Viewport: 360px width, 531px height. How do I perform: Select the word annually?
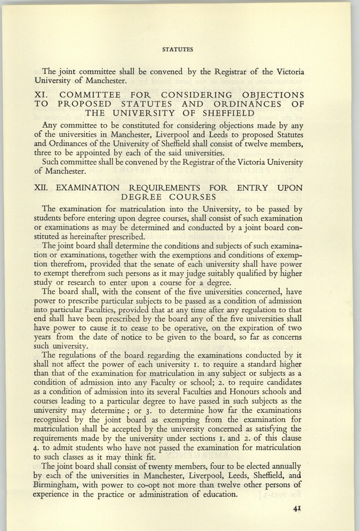pos(286,465)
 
